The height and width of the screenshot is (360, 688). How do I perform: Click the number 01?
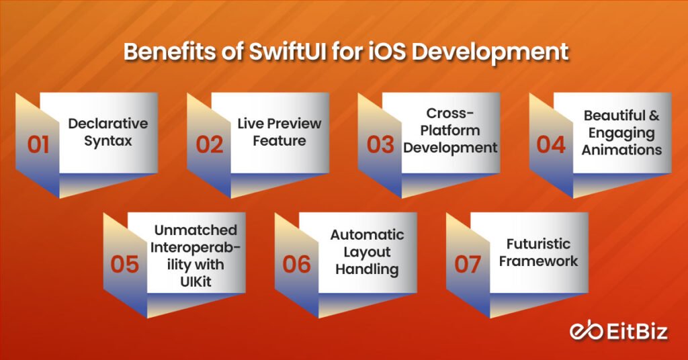[38, 144]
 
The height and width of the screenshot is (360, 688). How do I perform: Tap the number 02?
[210, 144]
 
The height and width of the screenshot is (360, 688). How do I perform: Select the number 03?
[380, 144]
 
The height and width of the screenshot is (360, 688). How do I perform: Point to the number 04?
[552, 144]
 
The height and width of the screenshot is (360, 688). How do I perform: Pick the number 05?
[124, 263]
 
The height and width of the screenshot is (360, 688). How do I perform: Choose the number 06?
[296, 263]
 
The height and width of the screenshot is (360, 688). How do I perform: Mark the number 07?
[468, 263]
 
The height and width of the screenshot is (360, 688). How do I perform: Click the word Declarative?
[107, 124]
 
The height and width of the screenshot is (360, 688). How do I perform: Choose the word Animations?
[622, 150]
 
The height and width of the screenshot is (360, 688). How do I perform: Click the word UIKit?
[194, 281]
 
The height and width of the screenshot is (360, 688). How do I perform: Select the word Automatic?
[367, 235]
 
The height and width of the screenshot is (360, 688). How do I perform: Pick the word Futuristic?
[538, 243]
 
